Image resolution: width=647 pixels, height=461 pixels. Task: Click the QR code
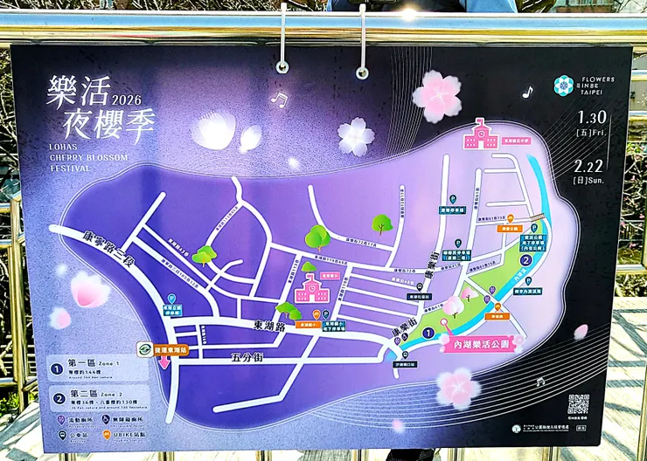[578, 403]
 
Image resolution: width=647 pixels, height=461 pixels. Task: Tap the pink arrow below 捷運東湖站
[164, 363]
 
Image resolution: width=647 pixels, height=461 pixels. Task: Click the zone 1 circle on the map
[428, 333]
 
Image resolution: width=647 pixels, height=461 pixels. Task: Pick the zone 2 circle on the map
[525, 259]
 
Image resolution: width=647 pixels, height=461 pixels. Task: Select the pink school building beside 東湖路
[312, 288]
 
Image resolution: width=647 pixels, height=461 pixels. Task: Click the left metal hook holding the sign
[282, 44]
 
